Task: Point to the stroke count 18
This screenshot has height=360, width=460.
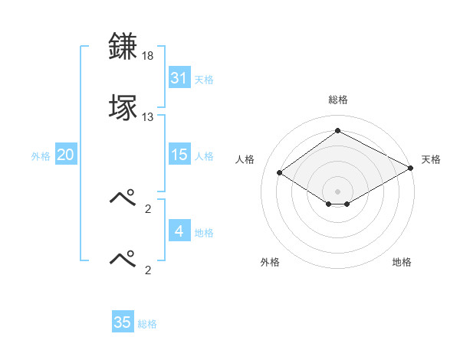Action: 149,57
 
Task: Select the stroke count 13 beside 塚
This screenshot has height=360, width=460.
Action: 148,117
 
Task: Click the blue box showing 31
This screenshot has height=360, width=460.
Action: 179,78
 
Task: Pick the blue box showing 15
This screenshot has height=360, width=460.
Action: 179,155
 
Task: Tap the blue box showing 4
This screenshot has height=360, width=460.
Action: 179,231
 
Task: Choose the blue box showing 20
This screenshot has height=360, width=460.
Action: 66,155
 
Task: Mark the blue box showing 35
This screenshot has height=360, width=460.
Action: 123,322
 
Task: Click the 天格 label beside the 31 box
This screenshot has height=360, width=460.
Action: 204,80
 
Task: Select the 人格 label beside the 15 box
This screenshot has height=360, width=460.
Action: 204,156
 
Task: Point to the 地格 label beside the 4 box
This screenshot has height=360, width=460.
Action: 204,233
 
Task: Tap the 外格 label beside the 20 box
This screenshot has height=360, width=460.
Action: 41,156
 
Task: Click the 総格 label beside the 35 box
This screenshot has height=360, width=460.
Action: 147,324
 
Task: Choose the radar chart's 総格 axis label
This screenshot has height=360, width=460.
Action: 338,100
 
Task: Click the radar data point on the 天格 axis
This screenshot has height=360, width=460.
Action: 410,168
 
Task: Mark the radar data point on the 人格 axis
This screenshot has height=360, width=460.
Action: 280,172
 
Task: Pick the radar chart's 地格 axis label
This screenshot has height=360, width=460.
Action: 402,262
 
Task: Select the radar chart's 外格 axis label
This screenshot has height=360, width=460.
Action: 270,262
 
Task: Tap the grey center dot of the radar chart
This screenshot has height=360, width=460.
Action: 337,191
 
